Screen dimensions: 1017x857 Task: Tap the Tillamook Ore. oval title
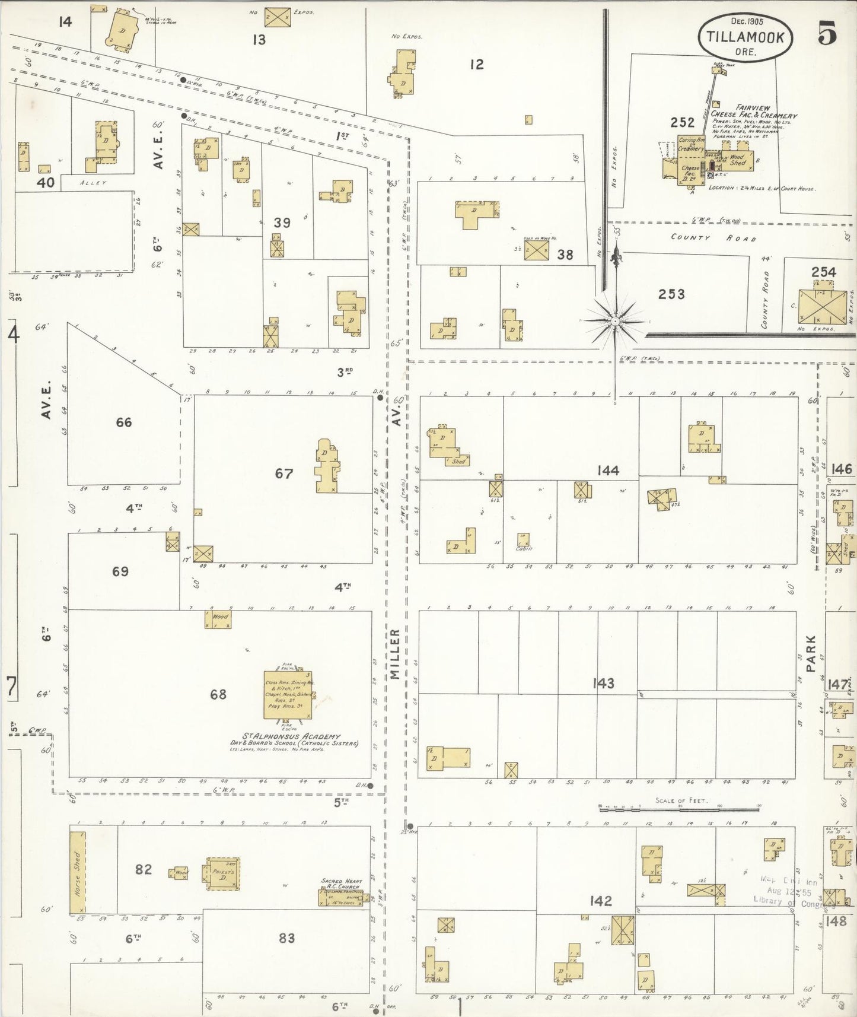(745, 37)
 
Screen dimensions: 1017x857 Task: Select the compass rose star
(616, 321)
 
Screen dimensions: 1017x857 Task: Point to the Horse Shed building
(78, 872)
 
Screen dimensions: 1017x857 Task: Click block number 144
(608, 471)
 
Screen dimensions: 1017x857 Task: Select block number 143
(603, 683)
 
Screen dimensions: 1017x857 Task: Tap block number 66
(124, 422)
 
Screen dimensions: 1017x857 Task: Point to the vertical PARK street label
(811, 653)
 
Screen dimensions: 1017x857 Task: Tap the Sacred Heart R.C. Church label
(340, 883)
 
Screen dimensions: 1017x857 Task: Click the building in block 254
(816, 307)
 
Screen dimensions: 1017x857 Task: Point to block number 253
(671, 294)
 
